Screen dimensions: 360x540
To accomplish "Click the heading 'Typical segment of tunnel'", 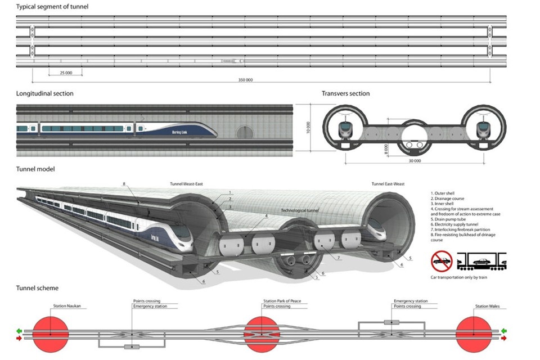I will (52, 7).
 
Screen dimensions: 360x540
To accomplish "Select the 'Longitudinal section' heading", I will (44, 93).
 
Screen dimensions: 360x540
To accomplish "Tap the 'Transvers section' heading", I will (345, 93).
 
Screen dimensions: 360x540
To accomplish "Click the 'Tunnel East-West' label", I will (389, 184).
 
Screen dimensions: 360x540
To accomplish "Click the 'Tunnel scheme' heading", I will (37, 289).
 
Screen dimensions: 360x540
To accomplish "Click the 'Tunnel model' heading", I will (35, 169).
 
